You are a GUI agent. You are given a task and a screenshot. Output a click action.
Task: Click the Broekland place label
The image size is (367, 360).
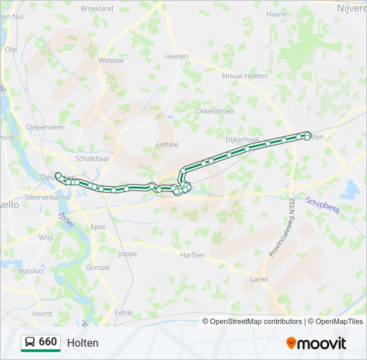point(97,9)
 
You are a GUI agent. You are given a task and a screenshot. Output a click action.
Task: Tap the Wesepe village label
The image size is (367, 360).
point(111,60)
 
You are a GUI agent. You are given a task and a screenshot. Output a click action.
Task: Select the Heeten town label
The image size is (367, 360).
point(176,57)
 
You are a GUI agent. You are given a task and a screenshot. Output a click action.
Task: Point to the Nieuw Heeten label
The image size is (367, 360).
point(245,76)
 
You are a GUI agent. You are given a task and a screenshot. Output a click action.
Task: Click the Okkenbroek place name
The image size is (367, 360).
point(215,111)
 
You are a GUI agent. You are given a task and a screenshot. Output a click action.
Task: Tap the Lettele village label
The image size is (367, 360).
point(167,144)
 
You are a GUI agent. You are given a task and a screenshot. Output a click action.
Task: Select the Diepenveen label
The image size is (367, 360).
point(45,127)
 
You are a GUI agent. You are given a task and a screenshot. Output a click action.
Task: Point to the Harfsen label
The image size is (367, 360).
point(193,255)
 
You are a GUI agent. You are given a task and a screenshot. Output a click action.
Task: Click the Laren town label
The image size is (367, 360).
point(260,279)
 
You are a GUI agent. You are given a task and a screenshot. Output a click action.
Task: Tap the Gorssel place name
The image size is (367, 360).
point(98,267)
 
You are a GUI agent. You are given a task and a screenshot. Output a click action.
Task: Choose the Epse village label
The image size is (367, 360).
point(98,227)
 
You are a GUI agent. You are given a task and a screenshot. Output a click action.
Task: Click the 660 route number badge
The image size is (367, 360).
point(41,343)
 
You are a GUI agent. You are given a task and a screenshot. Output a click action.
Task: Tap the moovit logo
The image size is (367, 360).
point(316,343)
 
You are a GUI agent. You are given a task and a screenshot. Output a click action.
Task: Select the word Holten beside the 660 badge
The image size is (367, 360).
point(82,343)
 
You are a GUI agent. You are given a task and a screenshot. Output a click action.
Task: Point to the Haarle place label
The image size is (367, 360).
point(276,13)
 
